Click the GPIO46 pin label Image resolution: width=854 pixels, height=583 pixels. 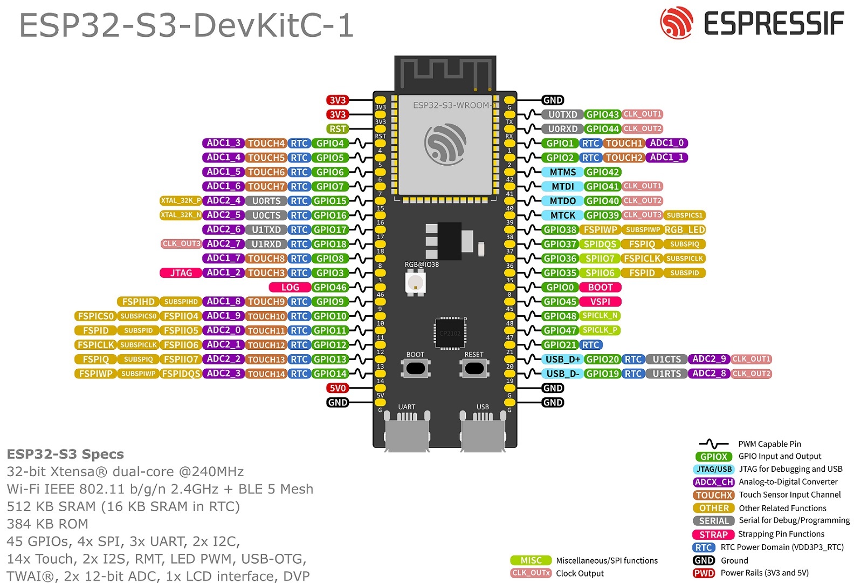330,288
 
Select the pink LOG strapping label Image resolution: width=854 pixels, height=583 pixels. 290,288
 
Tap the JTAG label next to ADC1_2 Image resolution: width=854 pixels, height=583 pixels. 181,273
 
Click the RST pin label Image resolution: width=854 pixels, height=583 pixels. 338,129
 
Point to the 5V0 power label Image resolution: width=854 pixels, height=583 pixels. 338,388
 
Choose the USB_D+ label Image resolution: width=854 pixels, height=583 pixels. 562,360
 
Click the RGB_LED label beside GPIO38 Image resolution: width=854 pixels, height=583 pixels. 684,230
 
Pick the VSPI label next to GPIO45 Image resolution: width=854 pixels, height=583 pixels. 600,302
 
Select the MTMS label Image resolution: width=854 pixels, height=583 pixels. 562,172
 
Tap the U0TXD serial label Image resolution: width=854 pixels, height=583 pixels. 562,114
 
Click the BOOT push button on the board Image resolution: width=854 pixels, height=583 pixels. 415,368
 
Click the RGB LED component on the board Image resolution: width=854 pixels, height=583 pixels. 415,282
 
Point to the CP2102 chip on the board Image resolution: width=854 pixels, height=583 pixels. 450,333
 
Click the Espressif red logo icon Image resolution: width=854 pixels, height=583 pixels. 677,23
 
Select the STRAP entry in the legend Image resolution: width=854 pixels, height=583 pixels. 713,534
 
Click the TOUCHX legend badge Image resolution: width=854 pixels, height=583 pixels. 714,495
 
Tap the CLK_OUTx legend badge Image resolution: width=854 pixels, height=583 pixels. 531,573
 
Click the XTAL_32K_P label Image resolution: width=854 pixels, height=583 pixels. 181,201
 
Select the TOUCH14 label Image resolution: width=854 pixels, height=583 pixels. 266,374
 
